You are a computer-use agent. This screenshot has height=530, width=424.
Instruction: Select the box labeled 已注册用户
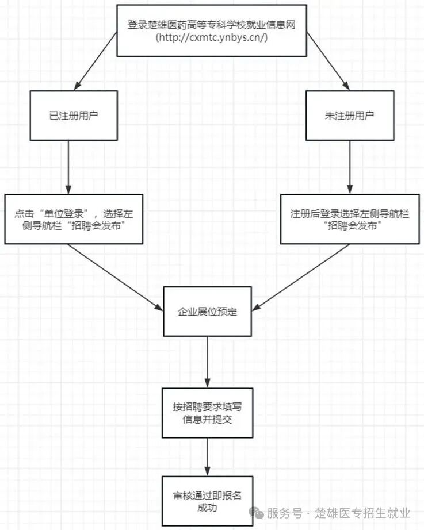point(74,115)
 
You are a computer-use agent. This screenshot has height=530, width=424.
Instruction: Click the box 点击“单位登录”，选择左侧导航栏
point(74,219)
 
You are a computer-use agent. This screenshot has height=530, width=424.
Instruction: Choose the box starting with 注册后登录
point(350,219)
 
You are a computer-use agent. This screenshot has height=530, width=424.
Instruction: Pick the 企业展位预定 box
point(207,312)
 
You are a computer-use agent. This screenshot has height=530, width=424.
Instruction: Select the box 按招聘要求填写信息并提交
point(207,413)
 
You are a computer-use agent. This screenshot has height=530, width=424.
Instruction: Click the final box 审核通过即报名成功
point(207,501)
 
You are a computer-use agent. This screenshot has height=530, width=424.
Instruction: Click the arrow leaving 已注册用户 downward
point(68,167)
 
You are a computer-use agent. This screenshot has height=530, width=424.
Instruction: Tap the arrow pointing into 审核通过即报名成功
point(208,456)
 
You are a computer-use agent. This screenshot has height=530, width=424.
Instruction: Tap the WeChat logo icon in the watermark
point(256,512)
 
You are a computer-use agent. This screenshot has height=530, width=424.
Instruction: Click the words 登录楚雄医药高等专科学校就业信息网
point(212,25)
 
